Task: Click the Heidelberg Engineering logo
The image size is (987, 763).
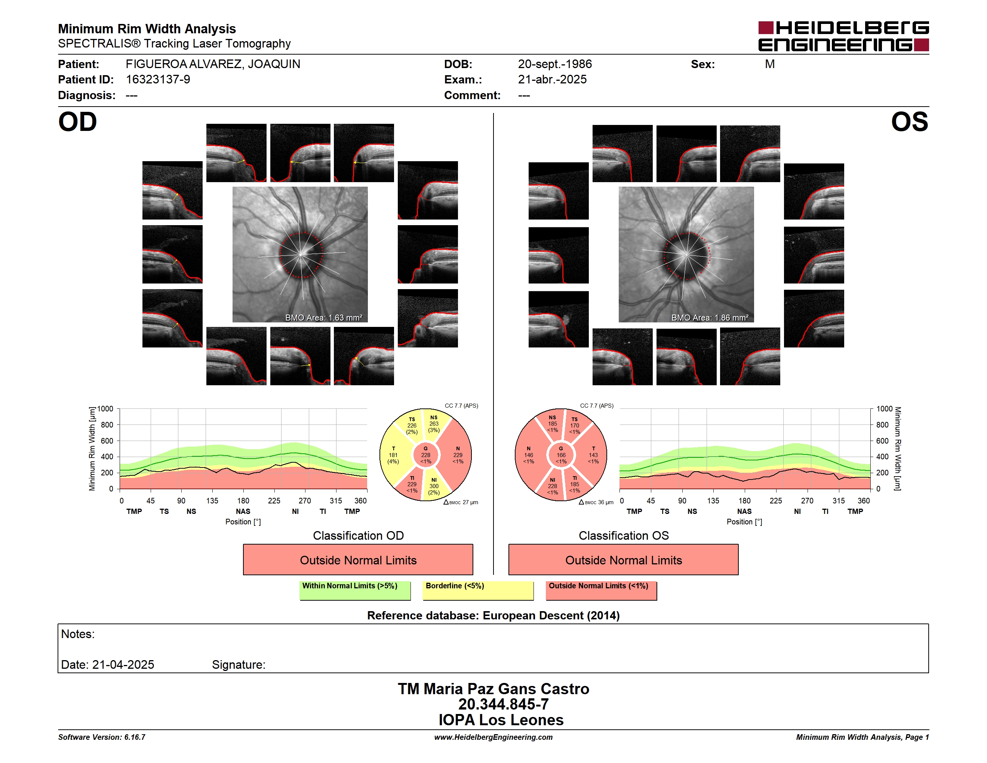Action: pyautogui.click(x=843, y=36)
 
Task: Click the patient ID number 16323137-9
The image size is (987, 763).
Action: pyautogui.click(x=158, y=80)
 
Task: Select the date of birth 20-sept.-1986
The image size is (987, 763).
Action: pyautogui.click(x=554, y=64)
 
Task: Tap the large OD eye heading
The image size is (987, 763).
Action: pyautogui.click(x=77, y=122)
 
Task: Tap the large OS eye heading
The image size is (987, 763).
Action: pyautogui.click(x=909, y=122)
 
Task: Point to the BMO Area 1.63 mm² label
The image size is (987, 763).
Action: pyautogui.click(x=323, y=318)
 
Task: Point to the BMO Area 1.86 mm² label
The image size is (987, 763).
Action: pyautogui.click(x=710, y=318)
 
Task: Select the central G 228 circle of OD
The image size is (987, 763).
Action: pyautogui.click(x=426, y=455)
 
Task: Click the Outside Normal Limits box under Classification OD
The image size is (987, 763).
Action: pyautogui.click(x=358, y=560)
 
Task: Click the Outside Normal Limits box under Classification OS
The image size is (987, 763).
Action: pyautogui.click(x=623, y=560)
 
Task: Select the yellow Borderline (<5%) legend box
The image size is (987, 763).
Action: pyautogui.click(x=478, y=590)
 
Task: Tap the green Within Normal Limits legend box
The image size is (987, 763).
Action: pyautogui.click(x=355, y=590)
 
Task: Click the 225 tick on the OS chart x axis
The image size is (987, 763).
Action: pyautogui.click(x=775, y=501)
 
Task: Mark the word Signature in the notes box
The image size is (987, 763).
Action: pyautogui.click(x=238, y=665)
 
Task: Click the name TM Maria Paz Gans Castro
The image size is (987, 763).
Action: pyautogui.click(x=493, y=689)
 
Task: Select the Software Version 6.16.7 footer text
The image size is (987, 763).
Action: pyautogui.click(x=102, y=737)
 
